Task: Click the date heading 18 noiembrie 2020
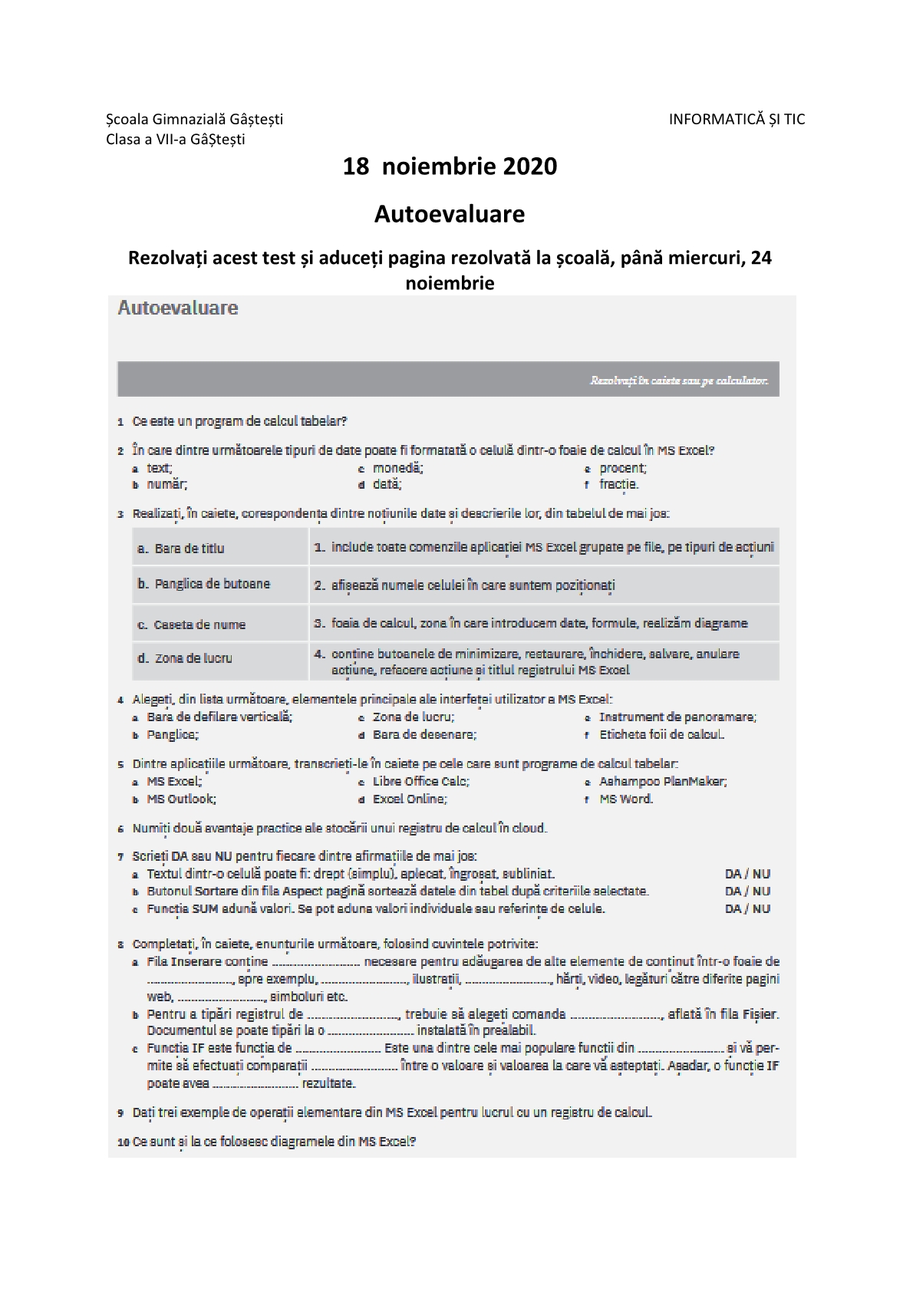pyautogui.click(x=450, y=166)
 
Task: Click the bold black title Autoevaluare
pyautogui.click(x=450, y=214)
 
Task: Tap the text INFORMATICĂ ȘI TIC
pyautogui.click(x=737, y=119)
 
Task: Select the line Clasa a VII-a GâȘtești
pyautogui.click(x=176, y=140)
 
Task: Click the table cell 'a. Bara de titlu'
pyautogui.click(x=220, y=548)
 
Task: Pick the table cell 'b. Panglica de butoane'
pyautogui.click(x=220, y=584)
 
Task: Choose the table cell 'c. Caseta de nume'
pyautogui.click(x=220, y=625)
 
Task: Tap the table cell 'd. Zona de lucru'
pyautogui.click(x=220, y=658)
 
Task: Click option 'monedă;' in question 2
pyautogui.click(x=398, y=468)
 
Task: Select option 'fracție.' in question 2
pyautogui.click(x=618, y=484)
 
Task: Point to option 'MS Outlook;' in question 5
pyautogui.click(x=181, y=799)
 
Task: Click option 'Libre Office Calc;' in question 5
pyautogui.click(x=421, y=781)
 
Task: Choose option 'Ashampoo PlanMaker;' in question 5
pyautogui.click(x=663, y=781)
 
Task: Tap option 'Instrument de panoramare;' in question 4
pyautogui.click(x=677, y=717)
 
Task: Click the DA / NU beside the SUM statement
pyautogui.click(x=747, y=908)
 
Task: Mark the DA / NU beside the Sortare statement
pyautogui.click(x=747, y=891)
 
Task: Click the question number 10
pyautogui.click(x=123, y=1142)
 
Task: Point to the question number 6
pyautogui.click(x=120, y=829)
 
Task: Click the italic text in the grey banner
pyautogui.click(x=678, y=381)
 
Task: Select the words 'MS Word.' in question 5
pyautogui.click(x=626, y=799)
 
